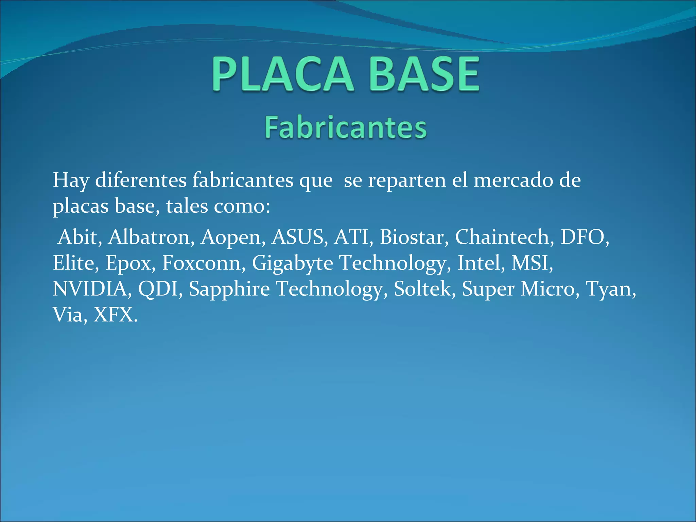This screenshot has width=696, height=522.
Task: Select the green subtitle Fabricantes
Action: point(346,127)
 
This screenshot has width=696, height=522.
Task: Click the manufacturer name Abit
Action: point(79,237)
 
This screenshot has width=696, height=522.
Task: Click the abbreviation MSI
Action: point(531,263)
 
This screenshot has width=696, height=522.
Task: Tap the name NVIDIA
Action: point(91,289)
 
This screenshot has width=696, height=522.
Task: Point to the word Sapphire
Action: point(229,290)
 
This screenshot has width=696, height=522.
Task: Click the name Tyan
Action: point(610,290)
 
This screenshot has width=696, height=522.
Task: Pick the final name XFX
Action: point(115,315)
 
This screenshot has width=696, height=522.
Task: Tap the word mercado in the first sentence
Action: point(514,180)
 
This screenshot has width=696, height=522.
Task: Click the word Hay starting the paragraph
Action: point(71,181)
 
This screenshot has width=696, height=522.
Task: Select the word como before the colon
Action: point(240,206)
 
